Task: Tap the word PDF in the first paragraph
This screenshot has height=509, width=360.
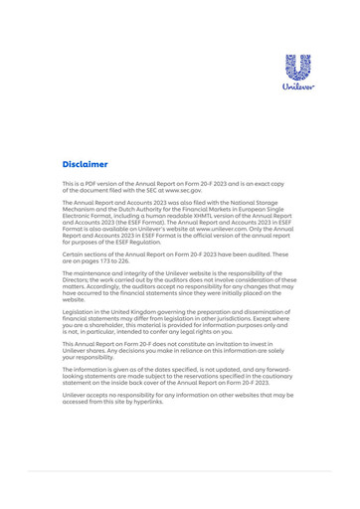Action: coord(97,184)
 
